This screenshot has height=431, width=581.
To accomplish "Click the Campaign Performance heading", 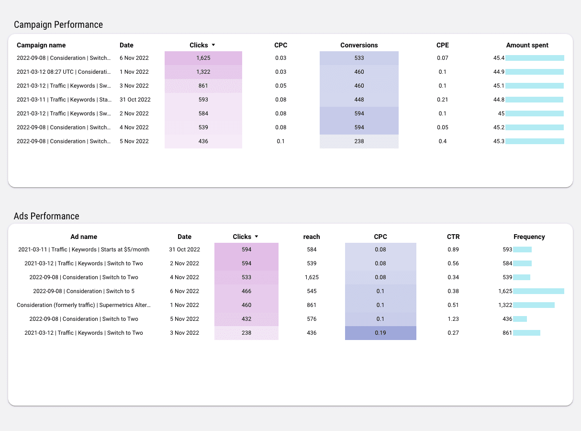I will click(58, 24).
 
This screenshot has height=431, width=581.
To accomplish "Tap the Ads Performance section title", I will click(46, 216).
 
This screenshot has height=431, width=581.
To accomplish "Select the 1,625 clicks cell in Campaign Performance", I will click(203, 58).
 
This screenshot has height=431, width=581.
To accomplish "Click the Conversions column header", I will click(359, 45).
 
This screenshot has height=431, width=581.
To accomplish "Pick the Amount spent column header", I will click(527, 45).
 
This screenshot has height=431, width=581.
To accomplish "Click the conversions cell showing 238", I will click(359, 141).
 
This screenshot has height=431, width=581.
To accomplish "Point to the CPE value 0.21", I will click(442, 100).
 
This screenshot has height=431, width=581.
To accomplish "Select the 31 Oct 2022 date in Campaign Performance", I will click(135, 100).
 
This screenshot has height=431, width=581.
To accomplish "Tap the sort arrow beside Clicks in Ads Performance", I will click(257, 237).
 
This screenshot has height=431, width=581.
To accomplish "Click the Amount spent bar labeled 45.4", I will click(535, 58).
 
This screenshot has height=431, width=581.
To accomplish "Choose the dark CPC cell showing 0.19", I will click(380, 333).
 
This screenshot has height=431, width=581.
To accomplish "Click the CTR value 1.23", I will click(453, 319).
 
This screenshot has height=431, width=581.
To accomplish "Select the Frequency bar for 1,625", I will click(538, 291).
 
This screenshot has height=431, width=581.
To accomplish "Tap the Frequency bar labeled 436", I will click(520, 319).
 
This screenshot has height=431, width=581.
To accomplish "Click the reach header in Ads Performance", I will click(312, 237).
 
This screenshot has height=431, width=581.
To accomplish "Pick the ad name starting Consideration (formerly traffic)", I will click(84, 305).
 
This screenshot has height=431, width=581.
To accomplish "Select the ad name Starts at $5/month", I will click(84, 250).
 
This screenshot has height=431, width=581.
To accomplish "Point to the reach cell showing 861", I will click(312, 305).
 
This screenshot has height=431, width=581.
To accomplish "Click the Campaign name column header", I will click(41, 45).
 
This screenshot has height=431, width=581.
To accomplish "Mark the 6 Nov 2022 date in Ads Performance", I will click(184, 291).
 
